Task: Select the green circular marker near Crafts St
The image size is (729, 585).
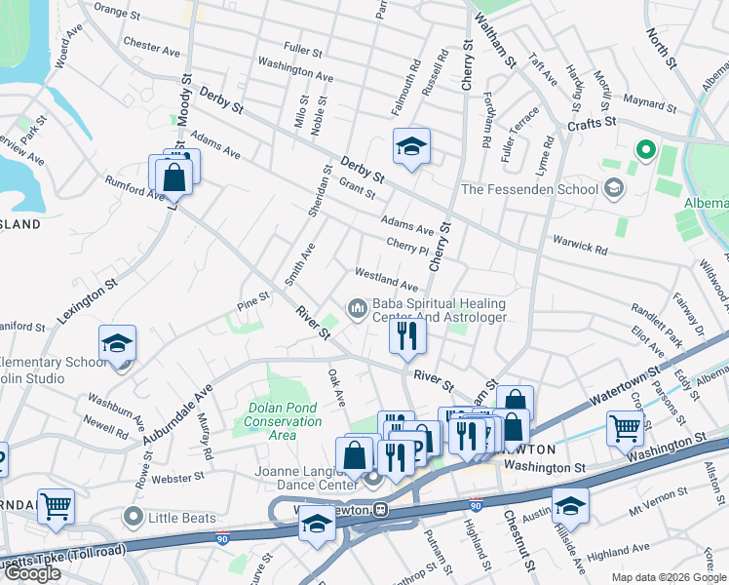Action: pyautogui.click(x=644, y=150)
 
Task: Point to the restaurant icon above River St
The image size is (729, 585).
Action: pyautogui.click(x=406, y=336)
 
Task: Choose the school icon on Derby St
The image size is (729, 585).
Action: pyautogui.click(x=411, y=146)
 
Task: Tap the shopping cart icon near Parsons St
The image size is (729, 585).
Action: pyautogui.click(x=624, y=427)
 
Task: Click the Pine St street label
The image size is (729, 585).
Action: pyautogui.click(x=252, y=296)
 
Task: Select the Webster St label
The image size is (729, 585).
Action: pyautogui.click(x=176, y=477)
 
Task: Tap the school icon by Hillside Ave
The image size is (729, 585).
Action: pyautogui.click(x=570, y=504)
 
